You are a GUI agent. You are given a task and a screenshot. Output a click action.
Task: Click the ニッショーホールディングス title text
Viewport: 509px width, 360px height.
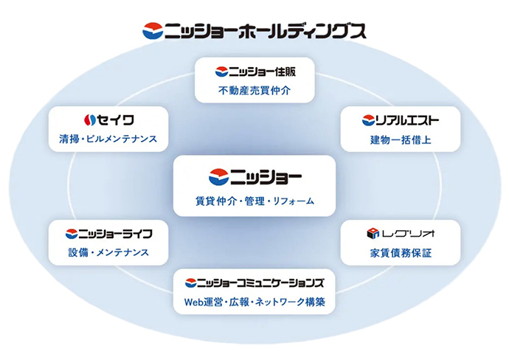pos(266,32)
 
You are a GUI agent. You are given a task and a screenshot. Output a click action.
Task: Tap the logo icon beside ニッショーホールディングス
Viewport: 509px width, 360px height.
pos(153,31)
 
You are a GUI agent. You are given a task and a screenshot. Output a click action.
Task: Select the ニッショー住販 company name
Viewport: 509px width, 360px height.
pos(263,72)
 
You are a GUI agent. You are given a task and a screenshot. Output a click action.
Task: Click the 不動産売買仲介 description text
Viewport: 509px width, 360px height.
pos(254,91)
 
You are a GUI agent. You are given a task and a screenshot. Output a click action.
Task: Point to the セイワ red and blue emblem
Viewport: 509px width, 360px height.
pos(89,120)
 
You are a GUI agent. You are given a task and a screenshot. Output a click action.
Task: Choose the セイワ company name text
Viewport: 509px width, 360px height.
pos(116,120)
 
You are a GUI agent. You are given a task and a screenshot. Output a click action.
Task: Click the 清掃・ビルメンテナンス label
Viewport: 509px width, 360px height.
pos(108,139)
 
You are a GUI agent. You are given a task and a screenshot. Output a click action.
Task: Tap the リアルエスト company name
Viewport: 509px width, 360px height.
pos(407,120)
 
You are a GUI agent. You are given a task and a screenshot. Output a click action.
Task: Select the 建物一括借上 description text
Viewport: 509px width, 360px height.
pos(401,140)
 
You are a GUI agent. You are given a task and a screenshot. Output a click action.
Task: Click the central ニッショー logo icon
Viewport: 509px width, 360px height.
pos(218,177)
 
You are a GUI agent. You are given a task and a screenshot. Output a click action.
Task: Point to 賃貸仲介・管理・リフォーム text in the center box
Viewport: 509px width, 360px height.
pos(254,201)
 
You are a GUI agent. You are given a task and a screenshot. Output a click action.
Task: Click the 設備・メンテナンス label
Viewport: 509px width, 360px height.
pos(108,252)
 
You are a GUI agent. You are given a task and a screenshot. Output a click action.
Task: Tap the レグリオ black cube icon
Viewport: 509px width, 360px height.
pos(373,233)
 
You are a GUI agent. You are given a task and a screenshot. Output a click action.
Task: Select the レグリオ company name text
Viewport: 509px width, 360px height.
pos(408,234)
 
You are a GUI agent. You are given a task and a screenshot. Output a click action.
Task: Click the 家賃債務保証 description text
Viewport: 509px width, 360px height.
pos(401,253)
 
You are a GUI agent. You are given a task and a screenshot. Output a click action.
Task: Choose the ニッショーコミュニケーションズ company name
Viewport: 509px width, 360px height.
pos(260,283)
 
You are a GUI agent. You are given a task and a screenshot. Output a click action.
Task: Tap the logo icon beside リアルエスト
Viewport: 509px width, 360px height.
pos(368,120)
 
